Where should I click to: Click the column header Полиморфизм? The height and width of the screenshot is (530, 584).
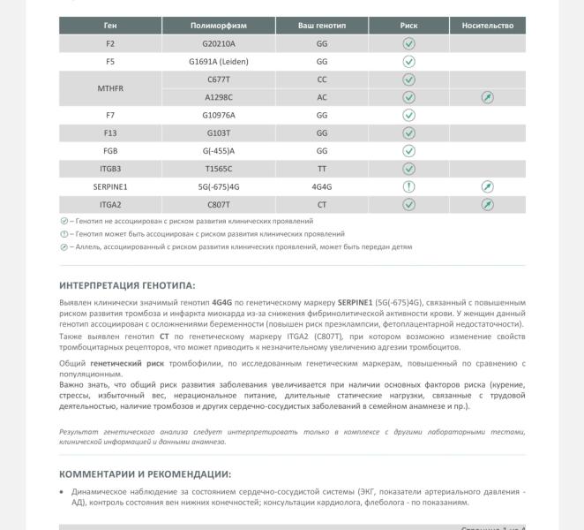click(218, 26)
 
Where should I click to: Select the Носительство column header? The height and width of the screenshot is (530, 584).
click(487, 26)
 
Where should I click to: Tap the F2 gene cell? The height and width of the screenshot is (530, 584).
click(110, 43)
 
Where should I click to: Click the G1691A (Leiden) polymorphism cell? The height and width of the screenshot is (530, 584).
click(218, 62)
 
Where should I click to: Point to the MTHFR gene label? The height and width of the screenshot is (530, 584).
click(110, 88)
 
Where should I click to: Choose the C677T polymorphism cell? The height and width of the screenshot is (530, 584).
click(218, 79)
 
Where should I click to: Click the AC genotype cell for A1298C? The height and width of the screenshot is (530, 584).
click(321, 97)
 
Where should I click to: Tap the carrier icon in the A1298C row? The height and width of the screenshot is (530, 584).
click(487, 97)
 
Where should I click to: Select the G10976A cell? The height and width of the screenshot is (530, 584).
click(218, 115)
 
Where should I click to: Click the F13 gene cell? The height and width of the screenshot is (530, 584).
click(110, 133)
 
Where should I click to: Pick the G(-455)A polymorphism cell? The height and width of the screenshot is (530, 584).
click(218, 151)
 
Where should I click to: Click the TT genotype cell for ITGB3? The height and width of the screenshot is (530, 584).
click(321, 169)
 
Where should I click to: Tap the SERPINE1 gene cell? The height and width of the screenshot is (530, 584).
click(110, 186)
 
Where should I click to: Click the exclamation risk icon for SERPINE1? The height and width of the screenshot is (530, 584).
click(408, 186)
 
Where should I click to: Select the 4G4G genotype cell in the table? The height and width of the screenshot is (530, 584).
click(321, 186)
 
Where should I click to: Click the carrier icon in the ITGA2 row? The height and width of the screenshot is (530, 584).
click(487, 205)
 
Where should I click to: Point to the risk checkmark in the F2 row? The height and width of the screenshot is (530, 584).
click(408, 43)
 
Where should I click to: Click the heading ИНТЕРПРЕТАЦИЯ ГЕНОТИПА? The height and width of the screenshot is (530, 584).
click(127, 285)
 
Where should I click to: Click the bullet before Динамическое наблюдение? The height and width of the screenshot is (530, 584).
click(62, 492)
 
